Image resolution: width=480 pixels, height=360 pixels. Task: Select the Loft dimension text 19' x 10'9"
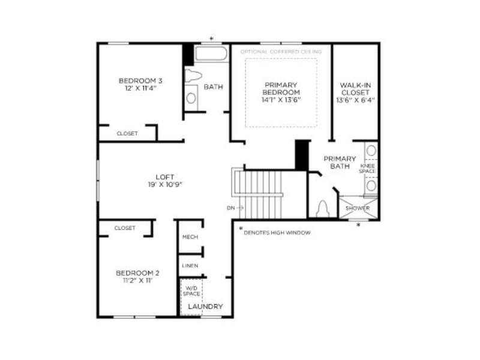pos(165,185)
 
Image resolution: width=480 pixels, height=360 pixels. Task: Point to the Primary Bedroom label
pos(281,88)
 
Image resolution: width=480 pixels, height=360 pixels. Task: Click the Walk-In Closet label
pos(355,89)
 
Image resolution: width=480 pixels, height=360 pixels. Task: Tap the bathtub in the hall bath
pos(211,53)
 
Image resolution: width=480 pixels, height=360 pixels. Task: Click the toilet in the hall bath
pos(193,76)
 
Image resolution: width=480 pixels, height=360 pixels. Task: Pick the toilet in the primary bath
pos(322,209)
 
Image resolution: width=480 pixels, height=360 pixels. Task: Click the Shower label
pos(358,208)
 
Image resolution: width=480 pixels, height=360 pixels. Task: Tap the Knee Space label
pos(367,169)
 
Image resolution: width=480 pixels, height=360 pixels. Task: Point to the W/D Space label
pos(191,291)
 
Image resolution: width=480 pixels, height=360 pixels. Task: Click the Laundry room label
pos(205,307)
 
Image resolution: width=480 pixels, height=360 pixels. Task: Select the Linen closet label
pos(190,266)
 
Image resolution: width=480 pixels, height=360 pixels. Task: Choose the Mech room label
pos(190,237)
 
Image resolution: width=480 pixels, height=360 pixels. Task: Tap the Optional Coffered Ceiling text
pos(281,52)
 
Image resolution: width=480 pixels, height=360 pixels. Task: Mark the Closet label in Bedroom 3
pos(127,133)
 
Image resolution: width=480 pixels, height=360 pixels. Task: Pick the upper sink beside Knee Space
pos(371,151)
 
